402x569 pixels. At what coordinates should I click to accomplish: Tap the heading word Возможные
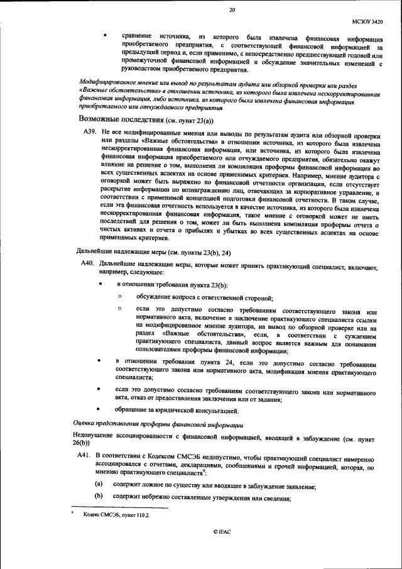(x=101, y=119)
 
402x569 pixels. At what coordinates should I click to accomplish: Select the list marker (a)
(x=99, y=485)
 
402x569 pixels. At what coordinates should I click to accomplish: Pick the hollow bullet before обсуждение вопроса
(x=120, y=297)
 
